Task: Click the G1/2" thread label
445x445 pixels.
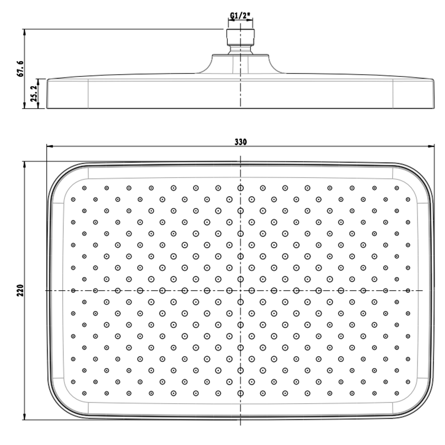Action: tap(241, 16)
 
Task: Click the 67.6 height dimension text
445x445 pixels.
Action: tap(20, 69)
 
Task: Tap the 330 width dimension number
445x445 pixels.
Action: tap(241, 142)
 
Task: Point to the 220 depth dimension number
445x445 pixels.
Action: tap(20, 290)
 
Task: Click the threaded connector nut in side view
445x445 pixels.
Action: tap(240, 36)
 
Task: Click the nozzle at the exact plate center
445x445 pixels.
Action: tap(240, 291)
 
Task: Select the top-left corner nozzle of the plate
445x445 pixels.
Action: tap(84, 188)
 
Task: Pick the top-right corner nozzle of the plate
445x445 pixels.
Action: tap(397, 188)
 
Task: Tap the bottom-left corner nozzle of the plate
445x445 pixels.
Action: tap(84, 393)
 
